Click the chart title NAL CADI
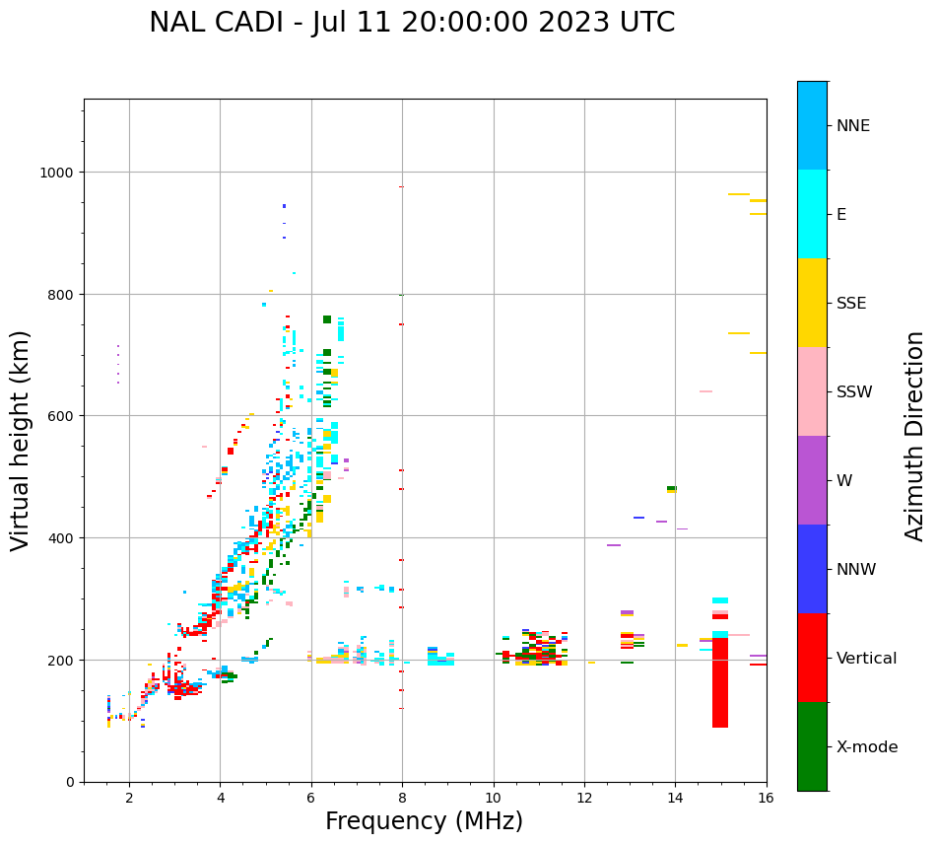coord(412,23)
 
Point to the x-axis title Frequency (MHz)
coord(424,821)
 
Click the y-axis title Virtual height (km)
coord(21,441)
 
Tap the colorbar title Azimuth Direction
coord(915,436)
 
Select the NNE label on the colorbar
coord(853,125)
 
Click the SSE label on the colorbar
coord(851,303)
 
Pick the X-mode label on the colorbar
coord(867,747)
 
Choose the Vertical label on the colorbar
coord(867,658)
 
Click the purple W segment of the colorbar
coord(812,480)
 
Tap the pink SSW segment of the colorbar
coord(812,391)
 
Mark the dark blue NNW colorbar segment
coord(812,569)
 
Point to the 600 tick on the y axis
coord(63,416)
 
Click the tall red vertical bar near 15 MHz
coord(720,680)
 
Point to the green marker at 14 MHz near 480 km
coord(671,488)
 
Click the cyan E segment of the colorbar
coord(812,214)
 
